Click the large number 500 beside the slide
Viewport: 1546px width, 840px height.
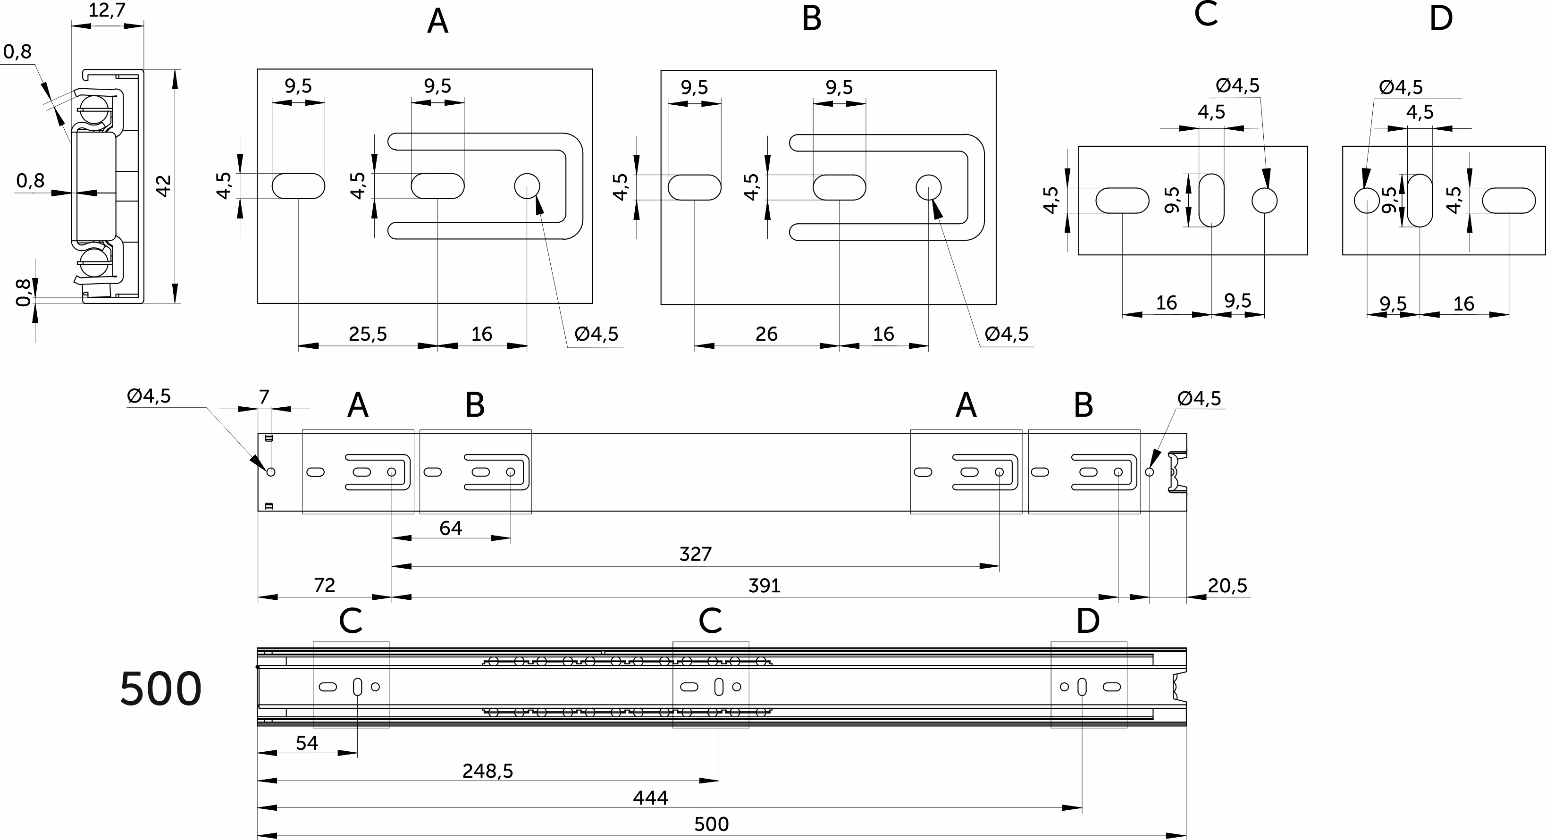tap(161, 689)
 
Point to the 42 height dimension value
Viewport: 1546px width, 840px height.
tap(163, 185)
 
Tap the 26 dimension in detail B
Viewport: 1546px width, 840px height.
tap(766, 334)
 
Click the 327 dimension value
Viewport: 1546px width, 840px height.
tap(695, 554)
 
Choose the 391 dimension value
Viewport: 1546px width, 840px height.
tap(764, 585)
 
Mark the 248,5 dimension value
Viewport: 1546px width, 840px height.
tap(487, 771)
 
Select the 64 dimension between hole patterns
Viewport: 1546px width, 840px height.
tap(451, 528)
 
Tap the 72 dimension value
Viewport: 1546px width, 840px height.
tap(324, 585)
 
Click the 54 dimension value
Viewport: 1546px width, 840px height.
tap(307, 743)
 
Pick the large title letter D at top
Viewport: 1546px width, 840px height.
tap(1440, 18)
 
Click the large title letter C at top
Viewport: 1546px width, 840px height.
tap(1206, 15)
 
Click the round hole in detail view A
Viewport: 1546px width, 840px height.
tap(527, 186)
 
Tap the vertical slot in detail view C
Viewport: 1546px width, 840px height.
tap(1211, 201)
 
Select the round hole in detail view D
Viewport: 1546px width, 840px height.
tap(1367, 201)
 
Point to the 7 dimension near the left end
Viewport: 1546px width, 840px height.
tap(264, 396)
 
